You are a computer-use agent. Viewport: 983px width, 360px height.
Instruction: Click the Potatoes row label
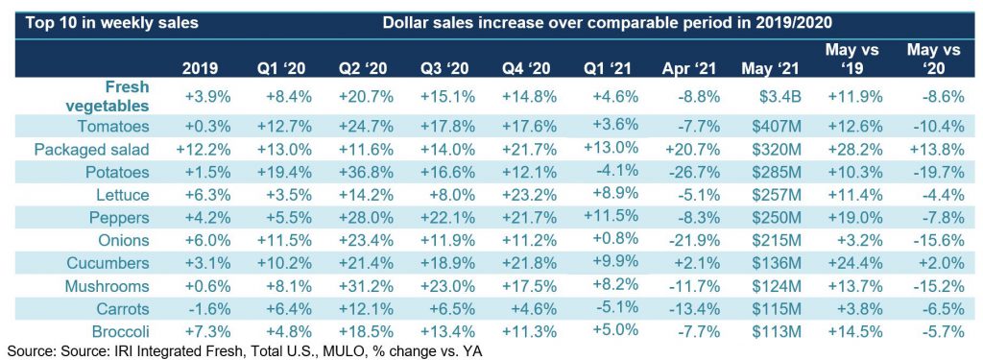(114, 172)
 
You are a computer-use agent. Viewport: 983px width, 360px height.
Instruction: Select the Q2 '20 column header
(366, 68)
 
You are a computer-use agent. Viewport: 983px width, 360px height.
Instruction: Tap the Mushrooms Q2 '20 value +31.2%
(366, 286)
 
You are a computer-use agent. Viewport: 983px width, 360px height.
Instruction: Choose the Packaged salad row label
(92, 149)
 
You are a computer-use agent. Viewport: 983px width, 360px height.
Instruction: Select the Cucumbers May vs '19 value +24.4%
(854, 263)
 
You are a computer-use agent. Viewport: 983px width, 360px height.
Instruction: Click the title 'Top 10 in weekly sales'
(111, 24)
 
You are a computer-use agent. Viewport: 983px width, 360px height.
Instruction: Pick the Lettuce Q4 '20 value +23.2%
(529, 195)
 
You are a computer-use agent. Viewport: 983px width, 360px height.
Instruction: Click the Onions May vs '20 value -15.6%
(936, 240)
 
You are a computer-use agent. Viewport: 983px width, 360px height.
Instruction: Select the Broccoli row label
(122, 331)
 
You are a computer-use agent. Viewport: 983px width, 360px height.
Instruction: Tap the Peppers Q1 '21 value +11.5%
(611, 216)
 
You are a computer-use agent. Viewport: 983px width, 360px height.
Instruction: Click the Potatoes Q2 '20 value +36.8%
(366, 172)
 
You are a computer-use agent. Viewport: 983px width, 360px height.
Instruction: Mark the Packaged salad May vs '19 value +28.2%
(854, 149)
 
